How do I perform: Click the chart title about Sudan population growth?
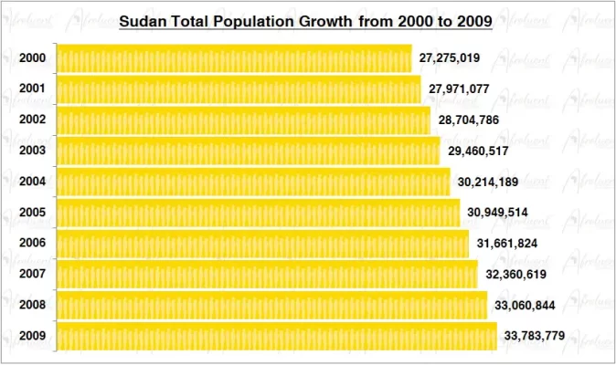click(306, 20)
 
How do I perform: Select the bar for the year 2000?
click(234, 58)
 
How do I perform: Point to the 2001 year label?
click(32, 89)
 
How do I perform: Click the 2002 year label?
click(32, 120)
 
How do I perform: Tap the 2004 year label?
click(32, 182)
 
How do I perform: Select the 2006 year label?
click(32, 244)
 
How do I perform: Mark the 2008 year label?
click(32, 305)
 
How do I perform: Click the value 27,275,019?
click(450, 58)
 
